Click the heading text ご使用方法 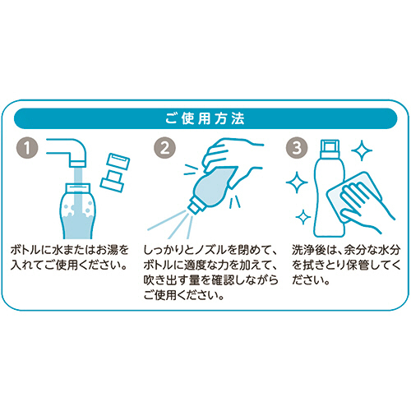click(205, 118)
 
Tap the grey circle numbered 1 click(27, 148)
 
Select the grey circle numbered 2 click(164, 148)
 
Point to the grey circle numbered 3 click(297, 148)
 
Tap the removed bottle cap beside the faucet click(115, 172)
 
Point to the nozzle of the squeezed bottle click(193, 207)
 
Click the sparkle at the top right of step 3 click(362, 150)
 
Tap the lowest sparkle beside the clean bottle click(303, 217)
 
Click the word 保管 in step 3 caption click(357, 265)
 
